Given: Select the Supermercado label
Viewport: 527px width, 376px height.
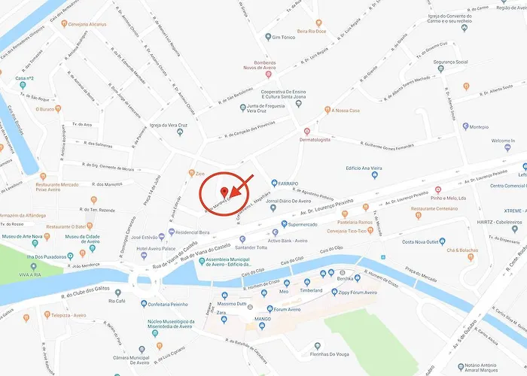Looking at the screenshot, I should point(302,224).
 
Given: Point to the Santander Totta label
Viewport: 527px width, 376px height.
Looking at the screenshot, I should point(251,247).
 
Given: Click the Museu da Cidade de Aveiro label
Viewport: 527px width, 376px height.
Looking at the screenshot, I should point(83,241).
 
